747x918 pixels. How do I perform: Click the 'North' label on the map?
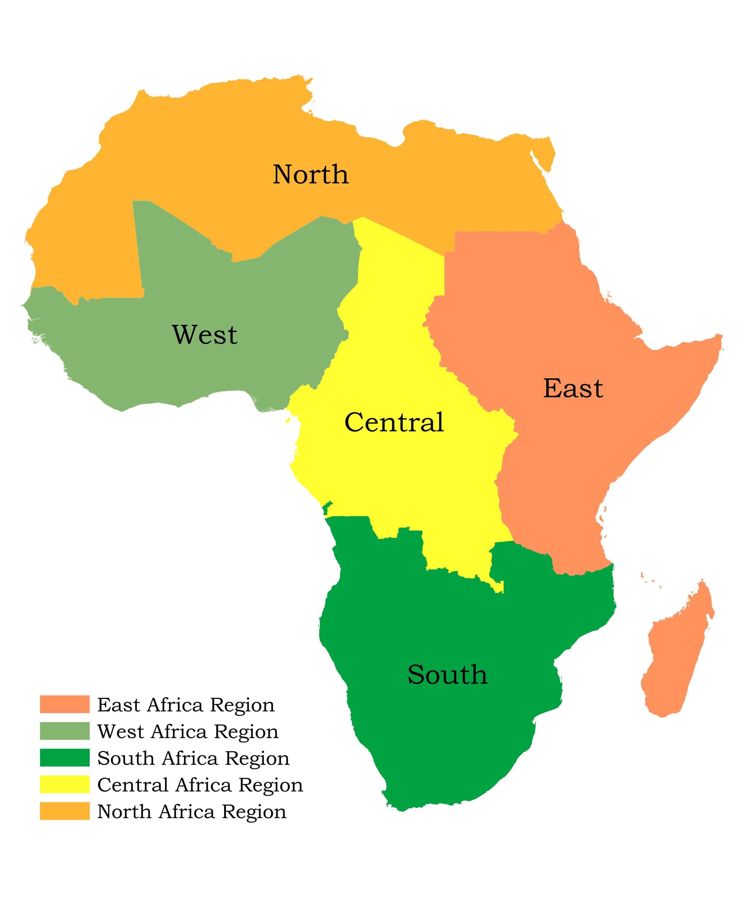pyautogui.click(x=311, y=174)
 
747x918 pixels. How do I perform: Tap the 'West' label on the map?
pyautogui.click(x=205, y=334)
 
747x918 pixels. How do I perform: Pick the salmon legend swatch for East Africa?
pyautogui.click(x=64, y=704)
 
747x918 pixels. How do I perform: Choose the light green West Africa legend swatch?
pyautogui.click(x=64, y=731)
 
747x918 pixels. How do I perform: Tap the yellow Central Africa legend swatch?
pyautogui.click(x=64, y=785)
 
